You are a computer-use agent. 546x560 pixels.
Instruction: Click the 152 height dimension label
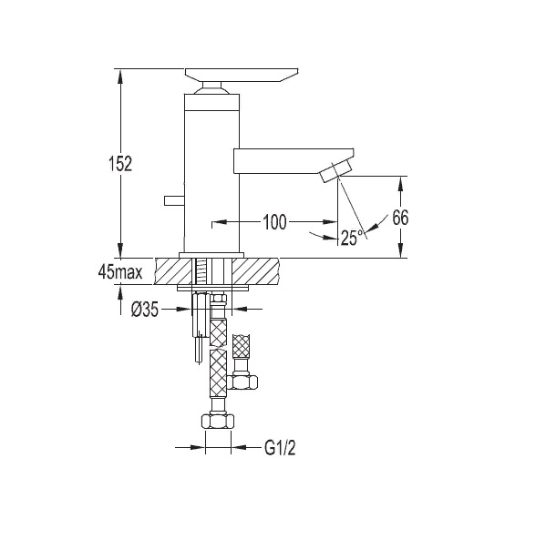120,164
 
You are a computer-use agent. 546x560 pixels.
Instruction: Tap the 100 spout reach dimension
274,222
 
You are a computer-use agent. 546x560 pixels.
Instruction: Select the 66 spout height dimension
400,218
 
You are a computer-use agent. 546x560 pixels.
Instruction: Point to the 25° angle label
352,238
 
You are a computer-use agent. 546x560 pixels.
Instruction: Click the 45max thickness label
120,272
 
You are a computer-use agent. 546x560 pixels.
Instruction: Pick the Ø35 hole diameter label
144,310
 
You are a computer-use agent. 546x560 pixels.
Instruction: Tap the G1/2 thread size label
281,448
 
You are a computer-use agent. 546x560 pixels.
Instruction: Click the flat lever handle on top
242,75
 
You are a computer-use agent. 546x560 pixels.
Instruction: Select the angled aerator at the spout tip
336,171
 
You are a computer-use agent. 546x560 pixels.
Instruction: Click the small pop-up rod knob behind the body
174,200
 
